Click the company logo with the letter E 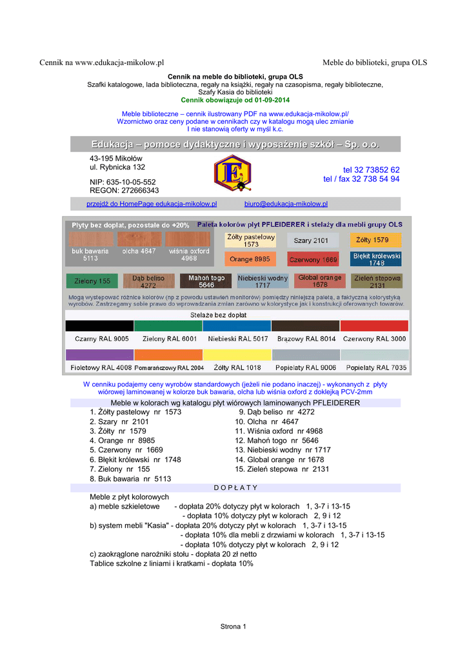tap(232, 173)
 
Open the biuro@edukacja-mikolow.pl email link tap(286, 204)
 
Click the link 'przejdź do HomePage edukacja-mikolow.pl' tap(152, 204)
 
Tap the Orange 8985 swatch tap(250, 259)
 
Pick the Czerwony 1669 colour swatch tap(313, 260)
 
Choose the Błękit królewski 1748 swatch tap(377, 259)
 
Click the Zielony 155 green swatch tap(88, 281)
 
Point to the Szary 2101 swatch tap(312, 240)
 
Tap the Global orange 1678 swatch tap(320, 281)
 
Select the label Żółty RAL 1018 tap(237, 367)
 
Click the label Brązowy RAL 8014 tap(306, 338)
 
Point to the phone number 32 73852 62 tap(371, 170)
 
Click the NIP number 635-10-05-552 tap(123, 182)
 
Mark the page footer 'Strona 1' tap(234, 626)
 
